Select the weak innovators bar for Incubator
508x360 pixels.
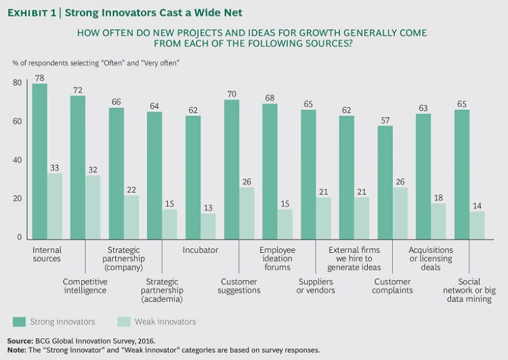208,226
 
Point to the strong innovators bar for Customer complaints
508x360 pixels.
385,182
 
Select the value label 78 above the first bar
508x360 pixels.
39,78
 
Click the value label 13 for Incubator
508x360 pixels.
208,208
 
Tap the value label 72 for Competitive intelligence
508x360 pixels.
78,89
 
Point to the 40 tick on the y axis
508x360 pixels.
17,160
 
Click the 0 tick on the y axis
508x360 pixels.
19,238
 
